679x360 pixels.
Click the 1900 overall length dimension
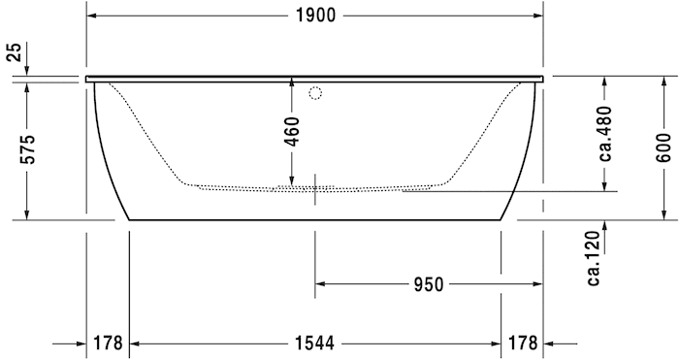click(x=314, y=15)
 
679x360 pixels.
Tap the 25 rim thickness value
click(x=14, y=52)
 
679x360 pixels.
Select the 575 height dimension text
click(x=28, y=150)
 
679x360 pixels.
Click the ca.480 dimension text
click(x=604, y=135)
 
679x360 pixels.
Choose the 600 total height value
click(x=663, y=146)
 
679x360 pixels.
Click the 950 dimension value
click(x=428, y=284)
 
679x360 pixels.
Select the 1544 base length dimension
click(x=313, y=343)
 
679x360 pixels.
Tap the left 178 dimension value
click(x=108, y=343)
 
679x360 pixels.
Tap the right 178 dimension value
click(x=522, y=343)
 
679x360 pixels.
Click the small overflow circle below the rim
click(x=314, y=93)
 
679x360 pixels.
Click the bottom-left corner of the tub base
click(x=129, y=220)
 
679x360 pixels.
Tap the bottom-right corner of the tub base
click(x=501, y=220)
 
